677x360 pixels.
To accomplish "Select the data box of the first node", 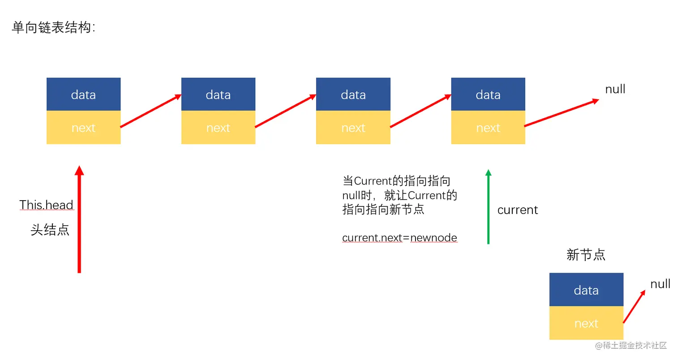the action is point(83,94).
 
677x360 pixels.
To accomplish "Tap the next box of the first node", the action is point(83,127).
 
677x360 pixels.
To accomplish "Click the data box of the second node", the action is point(218,94).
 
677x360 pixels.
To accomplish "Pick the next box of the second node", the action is point(218,127).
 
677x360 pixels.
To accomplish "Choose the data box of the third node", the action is point(353,94).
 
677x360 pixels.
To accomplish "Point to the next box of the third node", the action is point(353,127).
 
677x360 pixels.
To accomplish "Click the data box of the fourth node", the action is point(488,94).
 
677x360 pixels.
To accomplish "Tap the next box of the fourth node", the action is point(488,127).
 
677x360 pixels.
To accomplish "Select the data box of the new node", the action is point(587,290).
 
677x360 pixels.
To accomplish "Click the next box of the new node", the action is point(587,323).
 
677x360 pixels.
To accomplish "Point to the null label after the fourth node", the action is point(615,89).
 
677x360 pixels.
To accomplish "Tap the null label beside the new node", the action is point(660,284).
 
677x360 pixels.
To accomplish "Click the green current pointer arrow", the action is point(488,207).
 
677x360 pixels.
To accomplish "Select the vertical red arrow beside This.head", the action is point(79,219).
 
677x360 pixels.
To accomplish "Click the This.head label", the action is point(46,205).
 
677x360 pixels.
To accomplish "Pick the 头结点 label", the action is point(50,230).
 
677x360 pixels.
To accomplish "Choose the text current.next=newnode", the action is point(399,238).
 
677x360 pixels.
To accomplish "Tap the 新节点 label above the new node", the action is point(586,255).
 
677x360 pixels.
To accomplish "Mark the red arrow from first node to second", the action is point(151,111).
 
